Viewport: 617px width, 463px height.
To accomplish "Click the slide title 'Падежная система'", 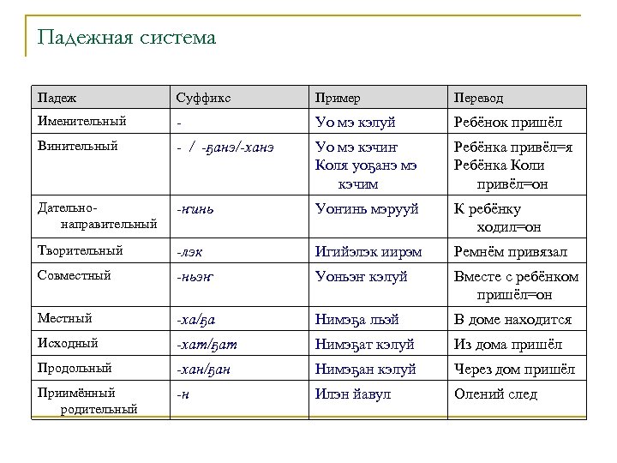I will click(x=127, y=39).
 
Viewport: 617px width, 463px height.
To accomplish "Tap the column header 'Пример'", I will click(x=338, y=97).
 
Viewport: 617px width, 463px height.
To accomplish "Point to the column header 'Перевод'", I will click(x=481, y=97).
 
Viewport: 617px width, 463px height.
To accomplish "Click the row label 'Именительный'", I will click(x=78, y=122).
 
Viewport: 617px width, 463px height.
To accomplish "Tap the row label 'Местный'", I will click(x=62, y=319).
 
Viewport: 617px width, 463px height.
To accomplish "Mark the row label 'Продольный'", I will click(x=72, y=369).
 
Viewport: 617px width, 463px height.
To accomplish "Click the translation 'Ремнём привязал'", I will click(x=510, y=251).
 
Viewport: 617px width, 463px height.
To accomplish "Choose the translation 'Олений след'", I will click(x=495, y=394).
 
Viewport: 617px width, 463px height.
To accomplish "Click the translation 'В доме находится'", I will click(x=512, y=320).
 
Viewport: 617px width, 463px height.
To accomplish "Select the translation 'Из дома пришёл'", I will click(x=508, y=345).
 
